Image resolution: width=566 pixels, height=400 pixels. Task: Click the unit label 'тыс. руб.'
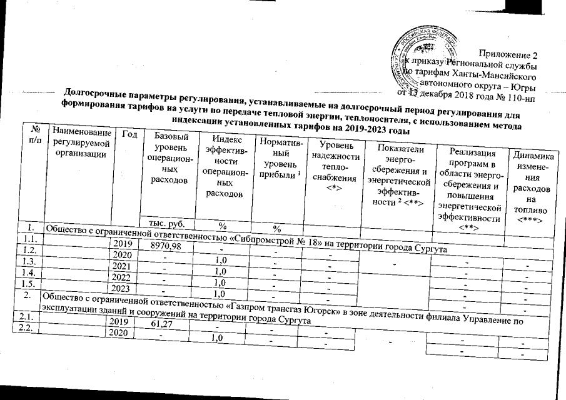tap(164, 222)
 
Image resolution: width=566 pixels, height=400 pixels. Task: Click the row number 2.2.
tap(22, 330)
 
